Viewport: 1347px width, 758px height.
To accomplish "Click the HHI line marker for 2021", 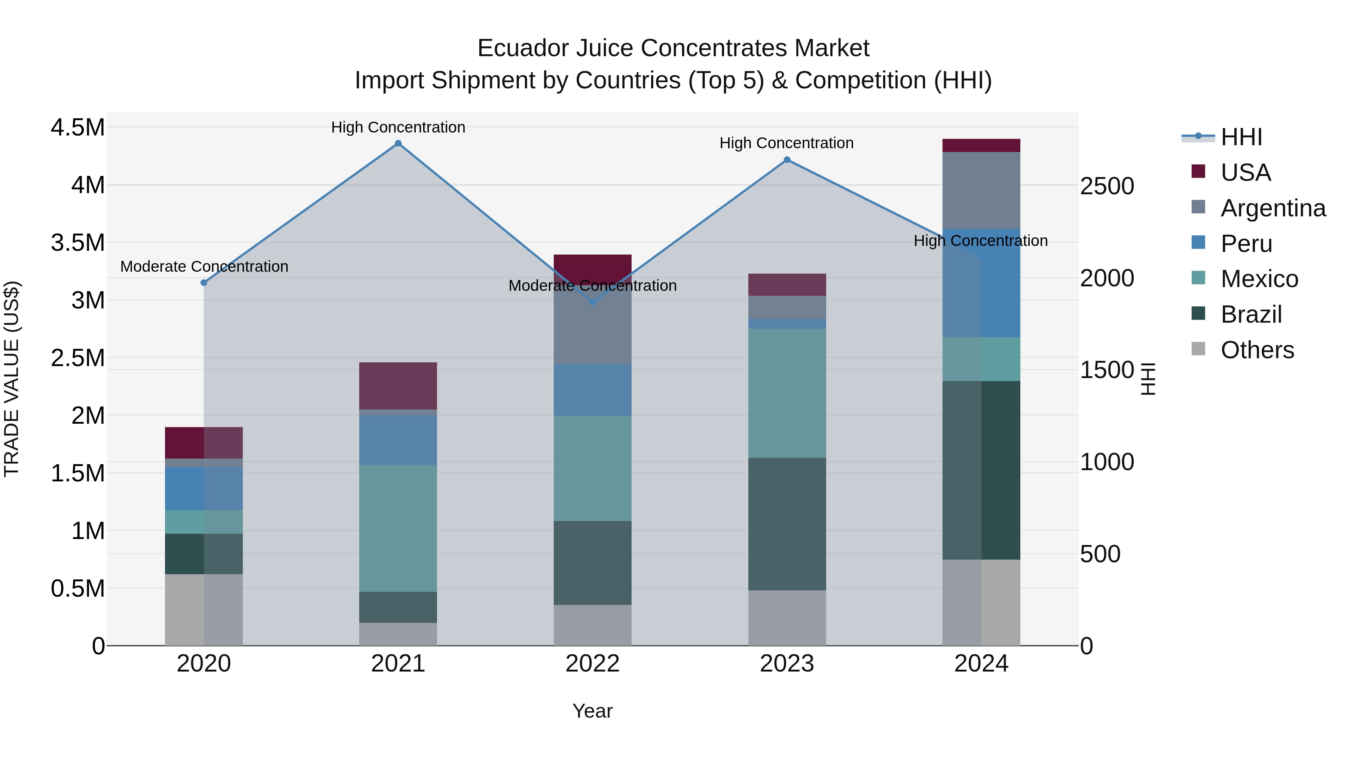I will [x=398, y=143].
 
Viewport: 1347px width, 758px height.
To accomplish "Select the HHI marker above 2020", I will [x=204, y=283].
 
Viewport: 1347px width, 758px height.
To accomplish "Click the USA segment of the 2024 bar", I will [x=981, y=146].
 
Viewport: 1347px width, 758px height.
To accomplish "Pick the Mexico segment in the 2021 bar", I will [x=398, y=528].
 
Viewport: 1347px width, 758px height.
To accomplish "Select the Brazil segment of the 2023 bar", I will [x=787, y=524].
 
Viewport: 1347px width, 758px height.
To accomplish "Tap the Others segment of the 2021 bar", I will [x=398, y=634].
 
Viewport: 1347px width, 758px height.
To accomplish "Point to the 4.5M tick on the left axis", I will [x=77, y=128].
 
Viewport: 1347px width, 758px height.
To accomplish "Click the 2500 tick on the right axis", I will [x=1107, y=187].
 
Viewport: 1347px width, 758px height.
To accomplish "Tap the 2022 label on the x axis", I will [x=592, y=664].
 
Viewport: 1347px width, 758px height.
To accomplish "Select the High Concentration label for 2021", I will [x=398, y=128].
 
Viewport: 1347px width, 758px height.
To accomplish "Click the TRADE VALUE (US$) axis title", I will [x=12, y=379].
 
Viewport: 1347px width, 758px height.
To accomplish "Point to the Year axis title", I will [x=592, y=711].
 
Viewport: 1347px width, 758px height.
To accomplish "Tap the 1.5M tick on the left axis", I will [x=77, y=474].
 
